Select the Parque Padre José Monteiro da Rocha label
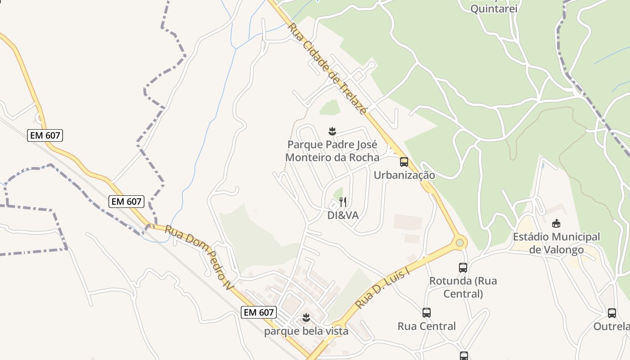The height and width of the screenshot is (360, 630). [332, 151]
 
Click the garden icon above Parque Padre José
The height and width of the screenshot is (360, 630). [332, 131]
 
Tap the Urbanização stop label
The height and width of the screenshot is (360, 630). [404, 175]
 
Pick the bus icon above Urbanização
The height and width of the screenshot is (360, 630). [404, 162]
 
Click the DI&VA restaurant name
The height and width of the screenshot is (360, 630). [343, 216]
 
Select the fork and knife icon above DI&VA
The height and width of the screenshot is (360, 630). [343, 202]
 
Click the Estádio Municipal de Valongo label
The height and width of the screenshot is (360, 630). [556, 243]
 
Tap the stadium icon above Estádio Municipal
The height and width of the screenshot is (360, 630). [557, 223]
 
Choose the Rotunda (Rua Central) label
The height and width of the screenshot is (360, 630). [463, 287]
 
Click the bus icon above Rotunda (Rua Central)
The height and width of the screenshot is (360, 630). [463, 268]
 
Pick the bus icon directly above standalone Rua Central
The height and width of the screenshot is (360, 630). [427, 312]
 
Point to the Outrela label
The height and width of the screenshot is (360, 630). [611, 326]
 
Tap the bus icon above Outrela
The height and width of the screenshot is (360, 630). [612, 313]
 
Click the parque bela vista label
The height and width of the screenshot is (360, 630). [306, 331]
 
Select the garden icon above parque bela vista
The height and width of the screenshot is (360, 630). [306, 318]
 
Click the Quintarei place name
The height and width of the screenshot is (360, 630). [494, 9]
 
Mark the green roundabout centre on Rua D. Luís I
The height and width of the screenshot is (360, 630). [459, 243]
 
